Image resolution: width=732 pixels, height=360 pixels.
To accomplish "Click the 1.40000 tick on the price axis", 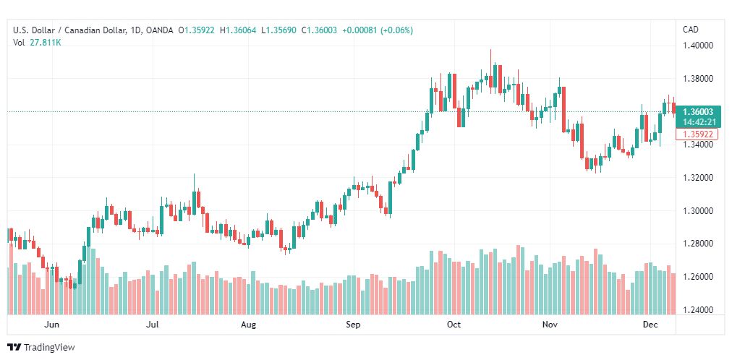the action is tap(697, 46).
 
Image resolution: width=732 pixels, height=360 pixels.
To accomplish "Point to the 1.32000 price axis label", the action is tap(697, 178).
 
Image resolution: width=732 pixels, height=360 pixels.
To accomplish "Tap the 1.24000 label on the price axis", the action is tap(697, 310).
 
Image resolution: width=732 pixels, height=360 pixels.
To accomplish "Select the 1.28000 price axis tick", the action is tap(697, 244).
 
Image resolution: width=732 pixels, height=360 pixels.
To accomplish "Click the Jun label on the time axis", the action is tap(53, 325).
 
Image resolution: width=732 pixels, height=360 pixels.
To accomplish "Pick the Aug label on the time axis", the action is tap(248, 325).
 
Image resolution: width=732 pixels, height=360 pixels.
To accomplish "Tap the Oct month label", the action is tap(454, 325).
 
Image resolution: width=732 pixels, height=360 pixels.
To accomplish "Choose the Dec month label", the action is tap(651, 325).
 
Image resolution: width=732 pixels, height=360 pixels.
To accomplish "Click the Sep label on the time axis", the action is tap(353, 325).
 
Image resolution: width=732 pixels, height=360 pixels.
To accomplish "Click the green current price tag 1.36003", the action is tap(698, 112).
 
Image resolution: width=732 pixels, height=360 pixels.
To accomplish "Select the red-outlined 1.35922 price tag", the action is tap(697, 134).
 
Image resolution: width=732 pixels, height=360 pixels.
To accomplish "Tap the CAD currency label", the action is tap(691, 30).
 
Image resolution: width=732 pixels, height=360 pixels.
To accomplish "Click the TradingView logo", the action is tap(41, 348).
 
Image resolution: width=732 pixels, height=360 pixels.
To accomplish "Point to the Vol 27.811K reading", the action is tap(37, 43).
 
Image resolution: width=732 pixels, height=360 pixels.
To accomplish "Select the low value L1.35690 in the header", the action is tap(278, 31).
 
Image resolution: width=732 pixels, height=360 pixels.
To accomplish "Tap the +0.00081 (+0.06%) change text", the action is tap(378, 31).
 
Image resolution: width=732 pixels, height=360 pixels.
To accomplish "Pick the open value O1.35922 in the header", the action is tap(197, 31).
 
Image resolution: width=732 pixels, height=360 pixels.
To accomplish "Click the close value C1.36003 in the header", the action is tap(319, 31).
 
